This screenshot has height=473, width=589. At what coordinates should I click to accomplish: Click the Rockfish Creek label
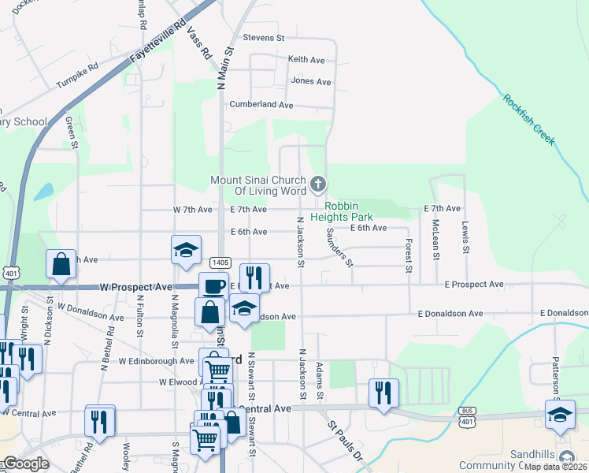tap(530, 120)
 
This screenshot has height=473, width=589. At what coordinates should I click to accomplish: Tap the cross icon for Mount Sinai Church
tap(318, 185)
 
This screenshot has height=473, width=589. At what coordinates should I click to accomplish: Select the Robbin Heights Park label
tap(341, 210)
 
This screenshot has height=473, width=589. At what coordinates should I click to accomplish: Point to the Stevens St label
tap(263, 38)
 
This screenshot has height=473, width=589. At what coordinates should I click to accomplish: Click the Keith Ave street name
tap(306, 59)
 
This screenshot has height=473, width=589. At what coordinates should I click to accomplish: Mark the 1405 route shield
tap(220, 263)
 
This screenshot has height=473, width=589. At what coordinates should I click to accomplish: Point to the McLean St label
tap(436, 240)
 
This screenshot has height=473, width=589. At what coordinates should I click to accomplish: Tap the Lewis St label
tap(465, 236)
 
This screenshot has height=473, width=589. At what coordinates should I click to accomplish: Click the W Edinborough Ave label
tap(156, 361)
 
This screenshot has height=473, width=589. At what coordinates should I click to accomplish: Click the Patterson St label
tap(555, 375)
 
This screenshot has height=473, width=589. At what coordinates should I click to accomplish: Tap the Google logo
tap(27, 464)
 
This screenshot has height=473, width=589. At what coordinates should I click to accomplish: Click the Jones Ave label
tap(310, 81)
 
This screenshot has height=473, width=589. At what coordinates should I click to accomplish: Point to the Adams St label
tap(320, 382)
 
